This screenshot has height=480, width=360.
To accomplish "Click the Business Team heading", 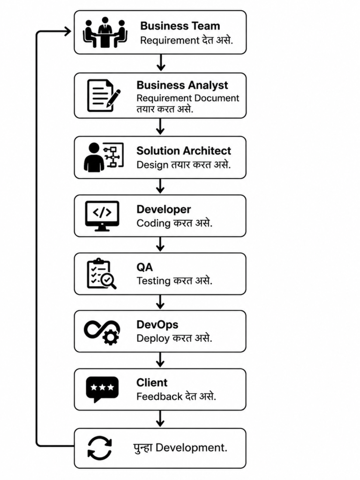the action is point(180,26).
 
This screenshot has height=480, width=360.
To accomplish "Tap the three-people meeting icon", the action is point(105,32).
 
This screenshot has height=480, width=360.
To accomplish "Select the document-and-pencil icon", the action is point(104,96).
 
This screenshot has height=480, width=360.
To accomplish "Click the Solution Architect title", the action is point(184,150).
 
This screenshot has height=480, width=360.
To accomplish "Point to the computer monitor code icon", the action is point(102,216).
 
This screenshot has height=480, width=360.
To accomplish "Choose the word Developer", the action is point(164,210).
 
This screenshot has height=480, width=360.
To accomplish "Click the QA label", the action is point(144,267).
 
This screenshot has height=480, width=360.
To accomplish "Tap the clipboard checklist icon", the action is point(102,273).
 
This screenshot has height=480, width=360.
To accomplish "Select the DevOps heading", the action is point(157,324).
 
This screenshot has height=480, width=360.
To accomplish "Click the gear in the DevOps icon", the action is point(110,337).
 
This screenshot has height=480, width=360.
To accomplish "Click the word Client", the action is point(152,382).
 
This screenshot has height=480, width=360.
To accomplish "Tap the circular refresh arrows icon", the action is point(100,448).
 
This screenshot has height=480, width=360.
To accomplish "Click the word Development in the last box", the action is point(191,448).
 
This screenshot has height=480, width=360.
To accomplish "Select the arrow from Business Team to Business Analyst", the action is point(160,63).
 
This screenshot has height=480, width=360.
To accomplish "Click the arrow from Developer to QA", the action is point(160,244).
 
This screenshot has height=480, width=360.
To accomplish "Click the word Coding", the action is point(153,224).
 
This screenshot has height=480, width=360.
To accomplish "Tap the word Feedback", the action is point(159,397).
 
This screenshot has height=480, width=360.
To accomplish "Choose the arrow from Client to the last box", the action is point(160,419).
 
